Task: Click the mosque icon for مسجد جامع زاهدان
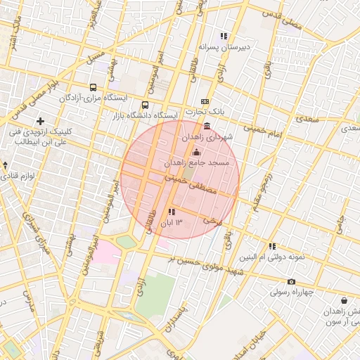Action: click(x=195, y=153)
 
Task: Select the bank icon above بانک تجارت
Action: click(x=205, y=102)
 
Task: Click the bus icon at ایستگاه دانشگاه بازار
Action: click(x=146, y=105)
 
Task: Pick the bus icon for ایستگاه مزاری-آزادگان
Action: click(x=92, y=88)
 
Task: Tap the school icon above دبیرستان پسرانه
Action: click(x=224, y=36)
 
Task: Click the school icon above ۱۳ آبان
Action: click(x=172, y=212)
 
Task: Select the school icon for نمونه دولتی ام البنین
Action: click(x=272, y=246)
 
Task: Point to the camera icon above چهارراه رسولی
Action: click(x=292, y=281)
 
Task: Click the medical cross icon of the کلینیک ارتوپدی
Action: click(x=41, y=122)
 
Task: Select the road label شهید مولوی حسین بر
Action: click(x=204, y=264)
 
